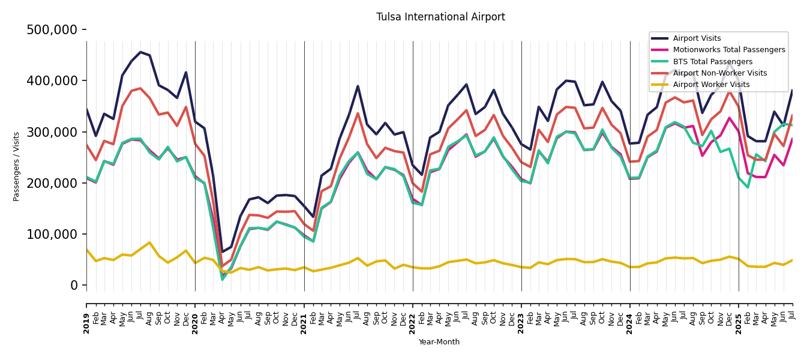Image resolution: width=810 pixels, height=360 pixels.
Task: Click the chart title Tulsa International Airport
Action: tap(440, 17)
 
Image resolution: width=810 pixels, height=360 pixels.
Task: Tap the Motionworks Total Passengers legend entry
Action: tap(728, 50)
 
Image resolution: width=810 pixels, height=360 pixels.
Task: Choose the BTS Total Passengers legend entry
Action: tap(712, 62)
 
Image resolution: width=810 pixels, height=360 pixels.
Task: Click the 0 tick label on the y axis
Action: tap(74, 286)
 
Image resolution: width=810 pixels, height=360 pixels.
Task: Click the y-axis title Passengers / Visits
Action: tap(17, 166)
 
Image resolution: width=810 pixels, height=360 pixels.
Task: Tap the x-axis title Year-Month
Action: tap(439, 342)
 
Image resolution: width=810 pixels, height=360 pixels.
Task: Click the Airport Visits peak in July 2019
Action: tap(140, 52)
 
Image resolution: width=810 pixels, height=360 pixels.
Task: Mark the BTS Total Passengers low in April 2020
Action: tap(222, 280)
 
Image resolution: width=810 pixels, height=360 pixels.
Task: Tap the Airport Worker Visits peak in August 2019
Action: tap(149, 242)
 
